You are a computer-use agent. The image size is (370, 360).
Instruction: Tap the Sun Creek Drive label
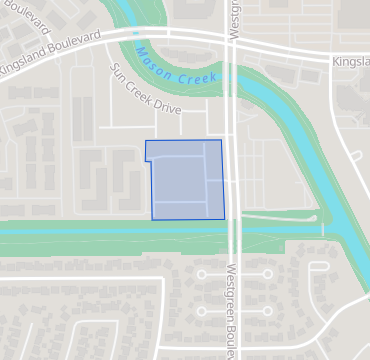(146, 87)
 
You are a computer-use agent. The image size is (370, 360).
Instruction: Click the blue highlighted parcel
(186, 180)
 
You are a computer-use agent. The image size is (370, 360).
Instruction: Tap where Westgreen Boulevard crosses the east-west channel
(233, 232)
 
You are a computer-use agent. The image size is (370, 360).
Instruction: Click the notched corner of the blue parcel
(148, 160)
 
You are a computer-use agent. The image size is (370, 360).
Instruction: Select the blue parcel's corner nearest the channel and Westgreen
(224, 217)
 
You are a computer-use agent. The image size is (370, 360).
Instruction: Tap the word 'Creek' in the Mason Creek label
(197, 75)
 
